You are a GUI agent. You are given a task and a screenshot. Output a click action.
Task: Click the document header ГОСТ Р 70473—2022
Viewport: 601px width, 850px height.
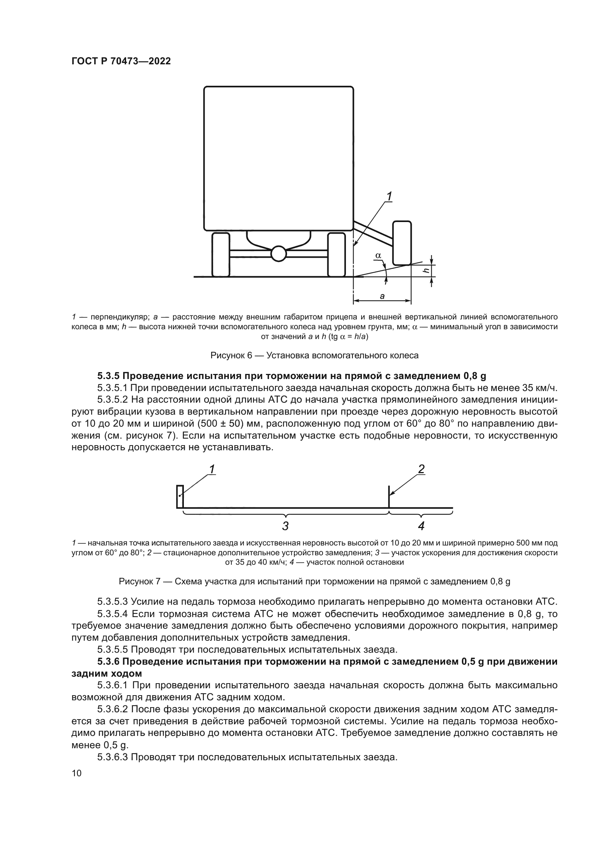[121, 61]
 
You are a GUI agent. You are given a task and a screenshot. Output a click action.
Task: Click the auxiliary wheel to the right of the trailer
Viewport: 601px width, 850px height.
[402, 243]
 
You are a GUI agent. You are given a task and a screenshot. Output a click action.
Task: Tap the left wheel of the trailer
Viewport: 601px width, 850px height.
[221, 254]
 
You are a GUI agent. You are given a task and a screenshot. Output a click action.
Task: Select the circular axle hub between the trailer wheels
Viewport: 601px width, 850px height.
[278, 254]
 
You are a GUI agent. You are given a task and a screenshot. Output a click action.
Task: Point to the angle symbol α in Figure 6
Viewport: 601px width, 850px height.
[378, 255]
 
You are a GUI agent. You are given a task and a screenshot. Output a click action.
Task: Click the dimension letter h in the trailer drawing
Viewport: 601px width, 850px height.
[427, 271]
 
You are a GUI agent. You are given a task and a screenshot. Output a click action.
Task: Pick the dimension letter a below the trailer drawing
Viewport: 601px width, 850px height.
[382, 296]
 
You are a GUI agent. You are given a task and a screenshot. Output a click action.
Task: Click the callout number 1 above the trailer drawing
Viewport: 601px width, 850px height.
[389, 196]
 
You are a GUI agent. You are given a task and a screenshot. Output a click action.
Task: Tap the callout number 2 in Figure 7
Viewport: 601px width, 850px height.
[421, 470]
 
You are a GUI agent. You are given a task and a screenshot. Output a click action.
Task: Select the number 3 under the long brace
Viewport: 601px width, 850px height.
[285, 526]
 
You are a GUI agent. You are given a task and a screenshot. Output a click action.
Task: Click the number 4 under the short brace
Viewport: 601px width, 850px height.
[421, 526]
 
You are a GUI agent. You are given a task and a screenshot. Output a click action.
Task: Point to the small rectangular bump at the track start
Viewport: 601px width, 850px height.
[180, 496]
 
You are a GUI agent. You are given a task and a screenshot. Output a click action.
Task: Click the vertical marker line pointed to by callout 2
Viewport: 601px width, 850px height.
[389, 497]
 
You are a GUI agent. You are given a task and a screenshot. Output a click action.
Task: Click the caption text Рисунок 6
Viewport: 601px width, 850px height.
[231, 355]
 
